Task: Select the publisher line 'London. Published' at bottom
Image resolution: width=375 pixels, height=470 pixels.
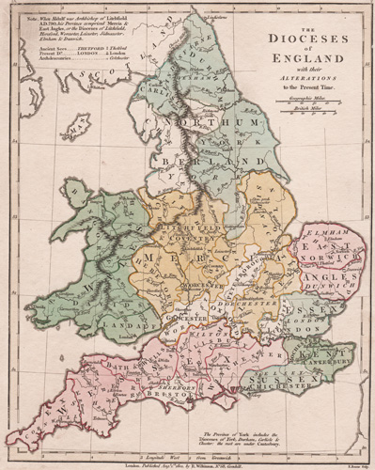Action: coord(188,456)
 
